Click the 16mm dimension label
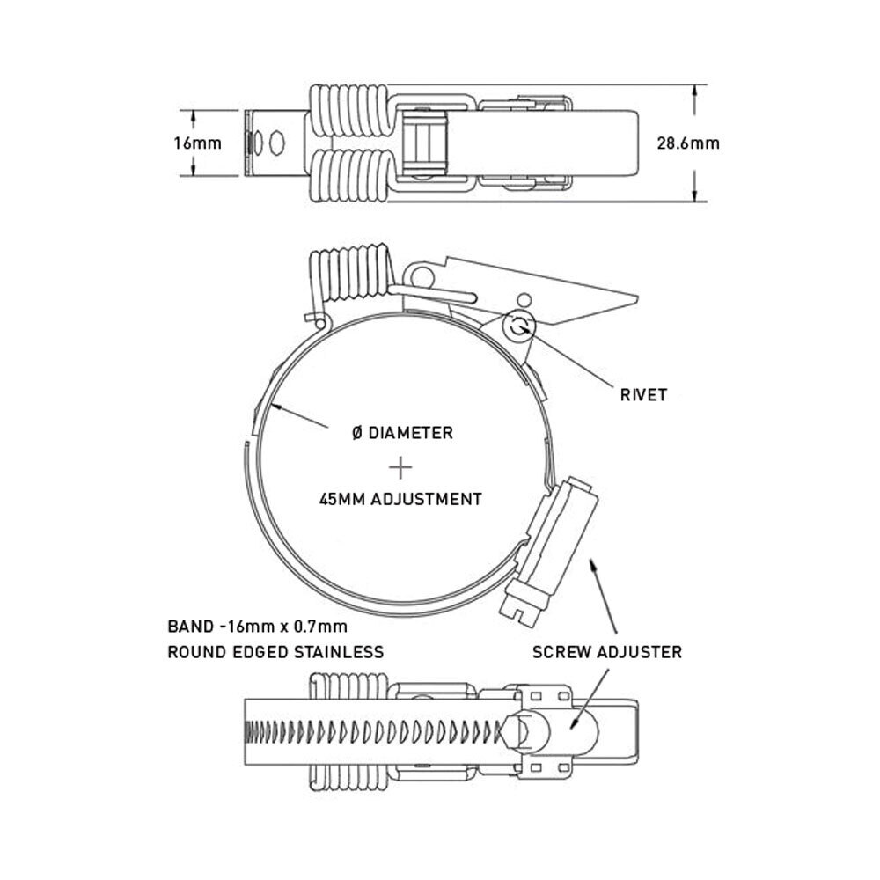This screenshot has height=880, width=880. [197, 143]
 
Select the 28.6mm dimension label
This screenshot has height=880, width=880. [688, 143]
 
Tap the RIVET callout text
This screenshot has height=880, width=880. [644, 395]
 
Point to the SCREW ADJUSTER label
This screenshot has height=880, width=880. [607, 652]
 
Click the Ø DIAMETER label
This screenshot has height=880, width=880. [402, 433]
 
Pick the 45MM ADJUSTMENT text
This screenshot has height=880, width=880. [400, 499]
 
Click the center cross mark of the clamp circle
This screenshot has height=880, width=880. [400, 467]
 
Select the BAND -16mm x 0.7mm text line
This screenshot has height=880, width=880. [258, 627]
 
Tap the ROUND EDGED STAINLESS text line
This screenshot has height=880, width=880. [275, 652]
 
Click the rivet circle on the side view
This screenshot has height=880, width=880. [520, 326]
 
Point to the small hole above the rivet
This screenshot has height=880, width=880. [524, 298]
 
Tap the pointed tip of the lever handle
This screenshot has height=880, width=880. [637, 296]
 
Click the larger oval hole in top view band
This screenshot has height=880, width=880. [276, 143]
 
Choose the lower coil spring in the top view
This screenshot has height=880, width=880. [349, 175]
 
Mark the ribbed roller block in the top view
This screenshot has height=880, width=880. [425, 143]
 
